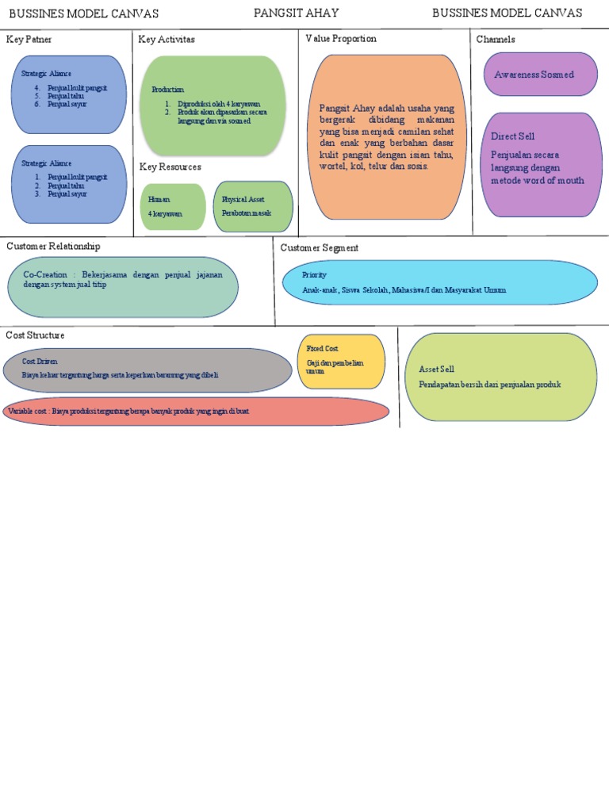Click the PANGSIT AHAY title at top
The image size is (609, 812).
click(x=296, y=13)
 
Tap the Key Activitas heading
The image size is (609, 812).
click(x=167, y=39)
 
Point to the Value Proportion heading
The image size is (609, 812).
click(x=341, y=38)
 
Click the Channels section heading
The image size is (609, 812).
click(x=496, y=39)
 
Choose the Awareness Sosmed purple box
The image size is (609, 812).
click(x=540, y=74)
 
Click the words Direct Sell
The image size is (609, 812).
click(x=512, y=136)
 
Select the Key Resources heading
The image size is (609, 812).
click(x=170, y=167)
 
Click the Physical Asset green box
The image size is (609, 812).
click(x=253, y=207)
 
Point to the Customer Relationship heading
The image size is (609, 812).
click(x=53, y=247)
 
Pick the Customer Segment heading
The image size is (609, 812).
click(x=320, y=247)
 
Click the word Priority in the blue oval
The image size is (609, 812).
click(x=314, y=274)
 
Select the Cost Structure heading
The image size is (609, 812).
click(x=35, y=335)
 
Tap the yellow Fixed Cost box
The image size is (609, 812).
click(x=342, y=362)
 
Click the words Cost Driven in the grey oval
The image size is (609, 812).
click(x=40, y=362)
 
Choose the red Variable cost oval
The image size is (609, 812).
click(x=196, y=412)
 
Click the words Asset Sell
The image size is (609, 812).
click(x=437, y=370)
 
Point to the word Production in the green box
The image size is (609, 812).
click(x=167, y=90)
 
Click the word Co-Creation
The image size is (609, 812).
click(x=45, y=274)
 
